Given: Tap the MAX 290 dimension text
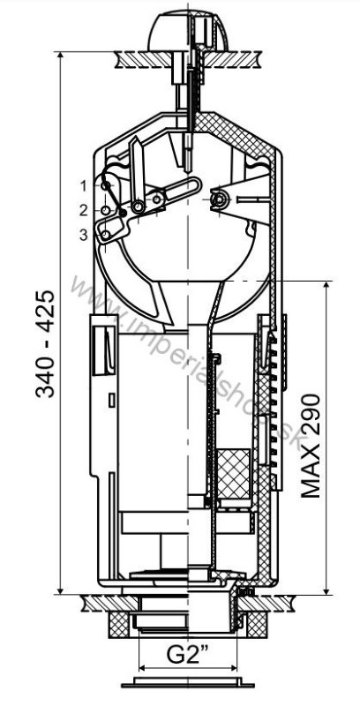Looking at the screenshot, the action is (311, 446).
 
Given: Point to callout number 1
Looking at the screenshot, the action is (84, 185).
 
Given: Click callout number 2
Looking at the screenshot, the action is (84, 210).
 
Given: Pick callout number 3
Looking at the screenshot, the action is (84, 235).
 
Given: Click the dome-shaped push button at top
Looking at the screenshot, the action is (188, 32).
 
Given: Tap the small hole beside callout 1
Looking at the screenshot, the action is (105, 185).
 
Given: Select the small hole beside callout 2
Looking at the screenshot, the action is (105, 210).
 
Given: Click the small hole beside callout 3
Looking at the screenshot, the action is (106, 235).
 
